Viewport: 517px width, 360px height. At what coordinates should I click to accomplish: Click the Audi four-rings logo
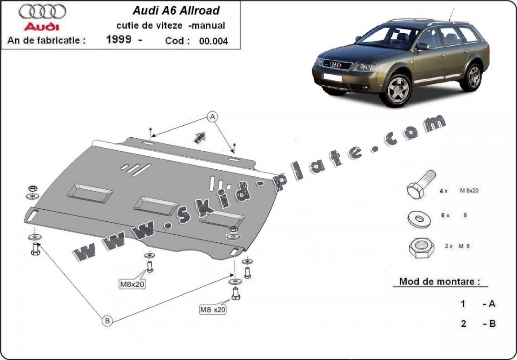click(x=43, y=11)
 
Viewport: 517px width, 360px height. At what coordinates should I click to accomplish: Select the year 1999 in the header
click(x=119, y=40)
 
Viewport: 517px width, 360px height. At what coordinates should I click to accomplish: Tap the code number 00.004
click(x=213, y=41)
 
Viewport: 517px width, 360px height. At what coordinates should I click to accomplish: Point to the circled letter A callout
click(x=212, y=117)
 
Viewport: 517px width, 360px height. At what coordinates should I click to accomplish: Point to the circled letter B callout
click(x=107, y=320)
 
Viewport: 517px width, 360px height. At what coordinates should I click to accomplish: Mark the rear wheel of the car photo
click(x=474, y=76)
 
